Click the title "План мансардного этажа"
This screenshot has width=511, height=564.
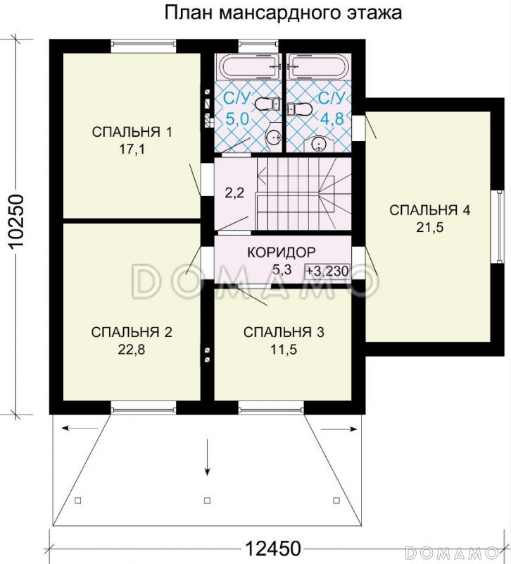pyautogui.click(x=283, y=13)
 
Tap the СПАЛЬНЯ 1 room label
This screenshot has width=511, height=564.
pyautogui.click(x=132, y=132)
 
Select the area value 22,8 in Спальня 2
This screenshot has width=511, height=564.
pyautogui.click(x=132, y=349)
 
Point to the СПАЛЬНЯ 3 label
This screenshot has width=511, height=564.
pyautogui.click(x=284, y=332)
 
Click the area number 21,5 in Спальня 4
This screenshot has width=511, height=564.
pyautogui.click(x=430, y=227)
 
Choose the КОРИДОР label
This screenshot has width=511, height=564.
pyautogui.click(x=281, y=252)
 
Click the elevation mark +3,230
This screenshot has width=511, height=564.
pyautogui.click(x=327, y=271)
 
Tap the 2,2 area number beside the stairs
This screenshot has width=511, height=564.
pyautogui.click(x=234, y=193)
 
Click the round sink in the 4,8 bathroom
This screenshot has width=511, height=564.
pyautogui.click(x=319, y=145)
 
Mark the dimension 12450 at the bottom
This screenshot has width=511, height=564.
pyautogui.click(x=273, y=548)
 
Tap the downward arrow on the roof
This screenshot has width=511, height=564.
pyautogui.click(x=207, y=457)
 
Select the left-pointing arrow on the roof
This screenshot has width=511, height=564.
pyautogui.click(x=80, y=428)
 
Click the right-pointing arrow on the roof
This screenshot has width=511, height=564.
pyautogui.click(x=339, y=429)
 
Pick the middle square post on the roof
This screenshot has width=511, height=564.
pyautogui.click(x=207, y=501)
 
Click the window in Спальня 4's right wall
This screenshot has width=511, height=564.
pyautogui.click(x=499, y=226)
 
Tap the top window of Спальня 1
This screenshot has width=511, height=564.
pyautogui.click(x=144, y=44)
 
